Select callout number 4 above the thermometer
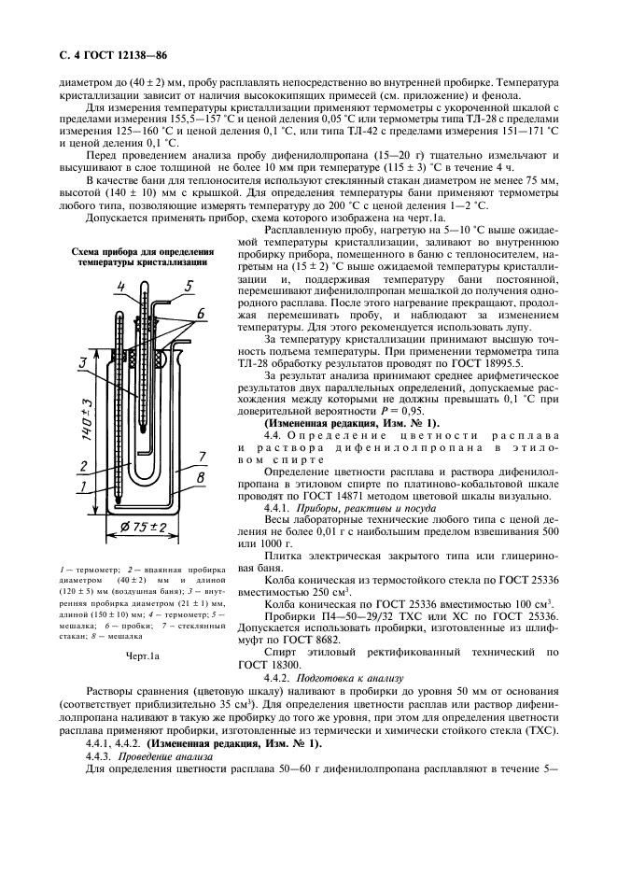point(121,286)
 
